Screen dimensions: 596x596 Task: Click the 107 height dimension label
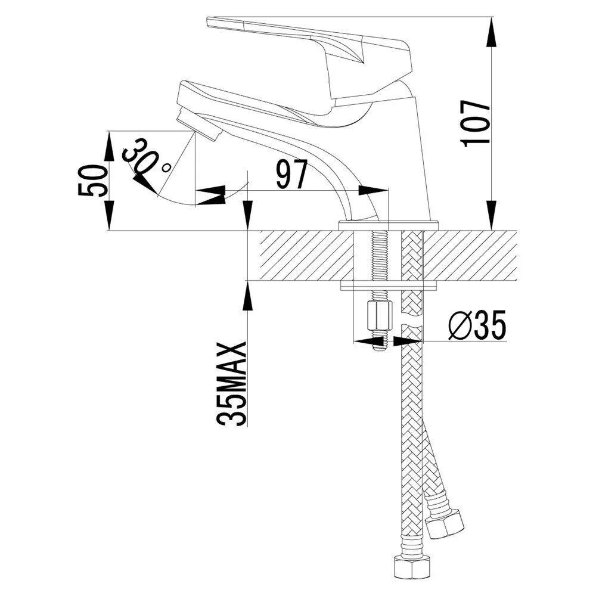pyautogui.click(x=476, y=122)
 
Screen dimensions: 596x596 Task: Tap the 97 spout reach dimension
pyautogui.click(x=291, y=175)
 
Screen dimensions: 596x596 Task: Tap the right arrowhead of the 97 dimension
pyautogui.click(x=375, y=191)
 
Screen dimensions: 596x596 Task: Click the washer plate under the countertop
pyautogui.click(x=389, y=286)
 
